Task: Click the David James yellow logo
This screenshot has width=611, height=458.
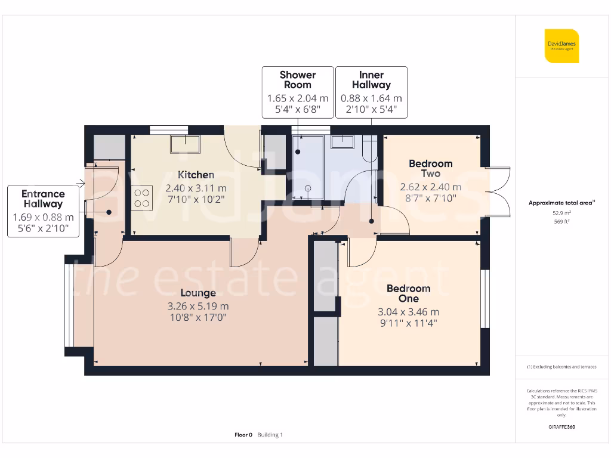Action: (561, 45)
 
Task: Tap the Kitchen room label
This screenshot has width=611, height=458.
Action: (196, 175)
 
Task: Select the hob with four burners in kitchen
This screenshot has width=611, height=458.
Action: (142, 198)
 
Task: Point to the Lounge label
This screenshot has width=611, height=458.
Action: (198, 293)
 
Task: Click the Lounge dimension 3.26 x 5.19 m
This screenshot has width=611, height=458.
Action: (198, 306)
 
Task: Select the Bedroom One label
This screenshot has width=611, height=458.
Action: (408, 293)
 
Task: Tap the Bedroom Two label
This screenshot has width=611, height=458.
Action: (430, 168)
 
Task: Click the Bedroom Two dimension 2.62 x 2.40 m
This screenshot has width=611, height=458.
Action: (430, 187)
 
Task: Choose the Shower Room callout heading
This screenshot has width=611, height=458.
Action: (298, 79)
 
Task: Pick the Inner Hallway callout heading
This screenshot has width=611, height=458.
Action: (371, 79)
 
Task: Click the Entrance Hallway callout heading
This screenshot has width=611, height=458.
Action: (43, 199)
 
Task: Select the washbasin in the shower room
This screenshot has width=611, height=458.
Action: (342, 142)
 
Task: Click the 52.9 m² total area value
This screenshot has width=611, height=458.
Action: (561, 212)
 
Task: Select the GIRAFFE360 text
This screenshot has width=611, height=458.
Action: (561, 427)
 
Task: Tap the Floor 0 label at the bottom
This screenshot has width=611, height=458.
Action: (243, 435)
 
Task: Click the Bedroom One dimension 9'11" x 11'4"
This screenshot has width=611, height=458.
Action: (408, 324)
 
